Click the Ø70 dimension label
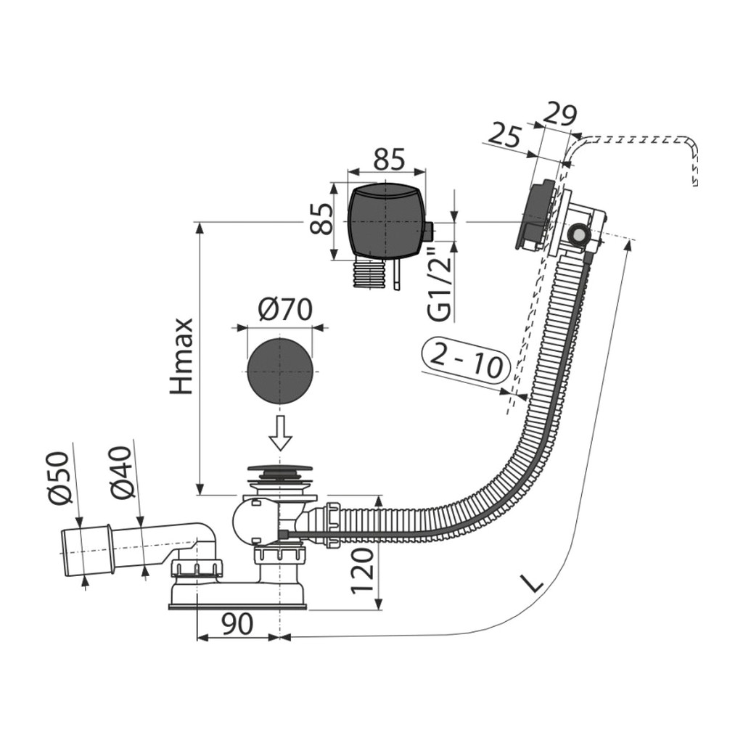click(x=284, y=309)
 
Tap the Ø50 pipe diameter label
click(x=59, y=479)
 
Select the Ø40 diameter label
click(x=120, y=473)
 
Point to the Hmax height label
click(x=181, y=356)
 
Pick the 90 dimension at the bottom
click(x=237, y=624)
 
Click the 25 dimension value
click(x=504, y=134)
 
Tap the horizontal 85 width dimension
click(x=389, y=159)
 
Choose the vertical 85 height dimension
click(x=321, y=219)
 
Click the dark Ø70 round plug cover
click(x=281, y=371)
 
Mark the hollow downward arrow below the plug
click(x=281, y=432)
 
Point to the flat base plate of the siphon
click(x=237, y=606)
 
